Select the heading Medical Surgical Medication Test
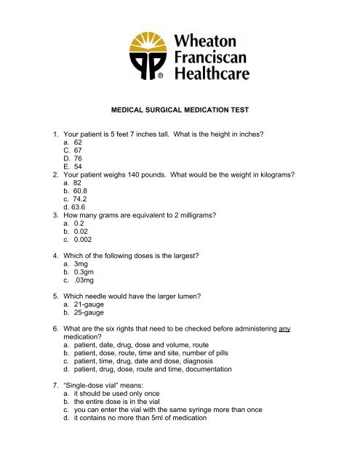pyautogui.click(x=180, y=111)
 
